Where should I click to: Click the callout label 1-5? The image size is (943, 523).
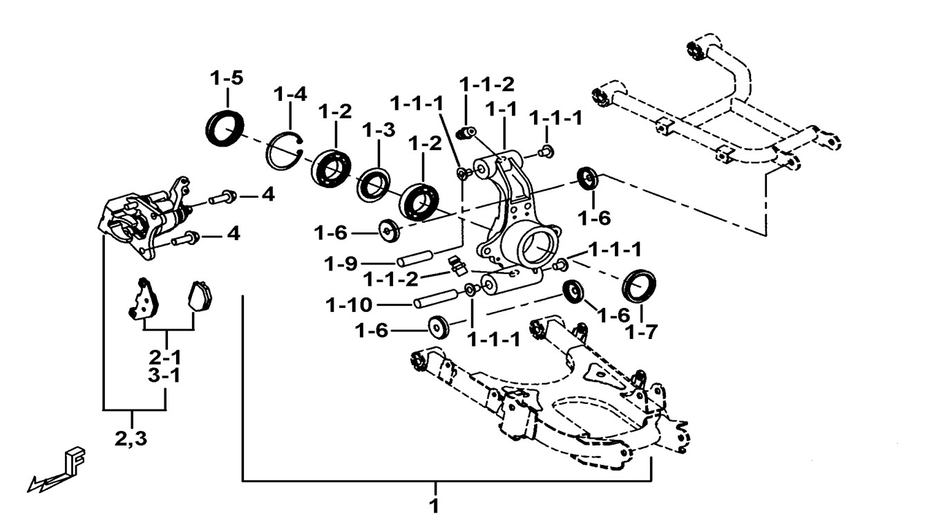[x=227, y=78]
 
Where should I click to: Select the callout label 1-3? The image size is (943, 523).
[x=379, y=129]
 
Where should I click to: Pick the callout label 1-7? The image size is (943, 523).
[x=641, y=333]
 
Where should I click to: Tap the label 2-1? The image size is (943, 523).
[x=166, y=358]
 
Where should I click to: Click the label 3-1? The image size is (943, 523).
[x=166, y=376]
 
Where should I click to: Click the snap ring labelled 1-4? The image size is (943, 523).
[x=284, y=149]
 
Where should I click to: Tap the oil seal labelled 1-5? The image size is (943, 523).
[x=225, y=127]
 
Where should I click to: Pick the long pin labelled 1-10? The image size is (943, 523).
[x=435, y=300]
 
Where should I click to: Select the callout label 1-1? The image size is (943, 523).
[x=501, y=110]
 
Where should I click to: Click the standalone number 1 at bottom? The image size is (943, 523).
[x=435, y=506]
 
